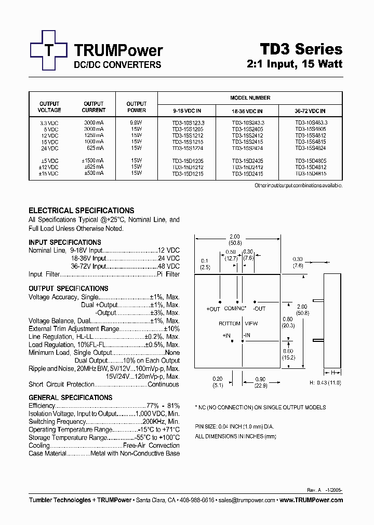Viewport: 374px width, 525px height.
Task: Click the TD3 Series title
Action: point(301,49)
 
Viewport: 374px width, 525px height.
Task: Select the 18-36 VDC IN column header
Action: point(247,111)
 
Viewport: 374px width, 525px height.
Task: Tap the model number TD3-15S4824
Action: point(310,148)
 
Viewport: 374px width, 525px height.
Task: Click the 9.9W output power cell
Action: point(137,122)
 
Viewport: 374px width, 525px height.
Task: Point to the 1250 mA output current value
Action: point(94,135)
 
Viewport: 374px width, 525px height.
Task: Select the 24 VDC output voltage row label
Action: point(49,148)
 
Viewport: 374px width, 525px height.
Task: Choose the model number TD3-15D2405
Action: point(247,161)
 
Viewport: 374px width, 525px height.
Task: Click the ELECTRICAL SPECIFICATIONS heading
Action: point(81,211)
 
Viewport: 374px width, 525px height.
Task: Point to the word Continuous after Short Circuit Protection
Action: point(163,384)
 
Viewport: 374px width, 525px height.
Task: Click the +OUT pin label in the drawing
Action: point(213,309)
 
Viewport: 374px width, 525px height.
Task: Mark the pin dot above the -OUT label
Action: point(255,302)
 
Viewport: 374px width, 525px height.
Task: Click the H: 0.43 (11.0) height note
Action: point(325,382)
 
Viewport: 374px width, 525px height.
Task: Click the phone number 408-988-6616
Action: point(196,500)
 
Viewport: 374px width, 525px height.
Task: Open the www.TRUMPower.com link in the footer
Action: point(311,500)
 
